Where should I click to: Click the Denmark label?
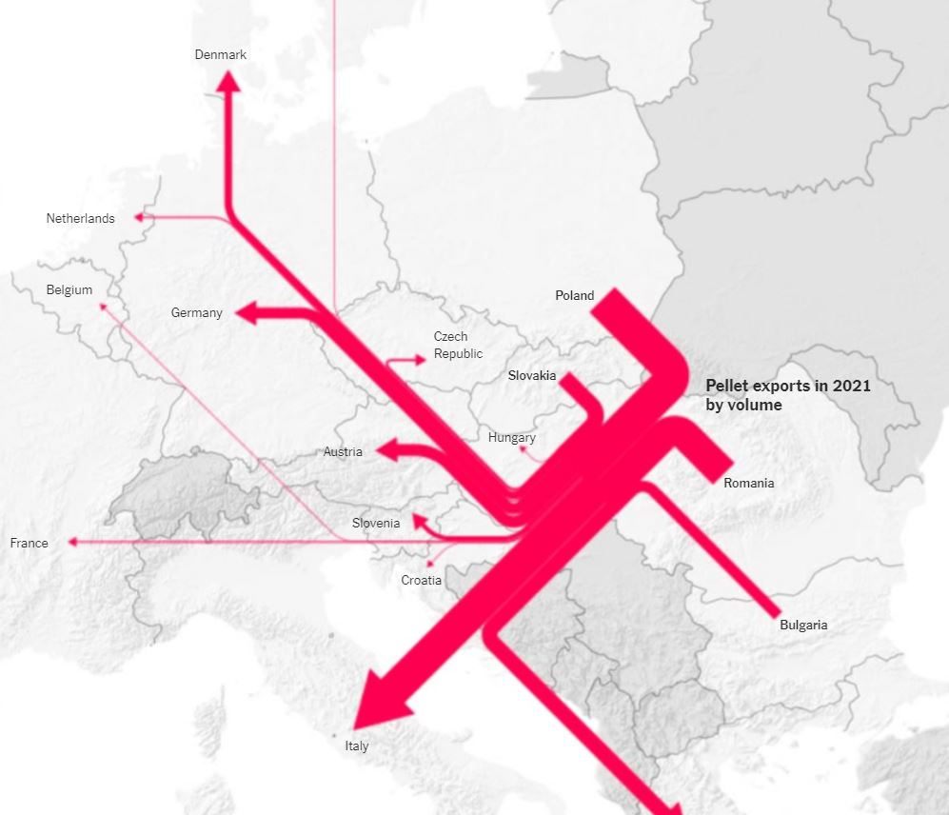pos(221,54)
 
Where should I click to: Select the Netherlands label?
pos(80,218)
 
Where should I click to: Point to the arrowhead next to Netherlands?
pos(139,217)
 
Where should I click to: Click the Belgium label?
pos(69,289)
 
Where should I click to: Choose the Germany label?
pos(197,312)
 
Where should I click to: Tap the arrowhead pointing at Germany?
pos(247,312)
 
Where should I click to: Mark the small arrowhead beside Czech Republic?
pos(422,359)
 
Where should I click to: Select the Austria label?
pos(343,451)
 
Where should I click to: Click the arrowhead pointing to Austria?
pos(386,449)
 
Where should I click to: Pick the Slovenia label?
pos(376,523)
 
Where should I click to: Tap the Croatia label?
pos(421,580)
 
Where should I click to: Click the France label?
pos(29,543)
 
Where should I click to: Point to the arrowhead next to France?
pos(71,543)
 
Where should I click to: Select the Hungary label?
pos(512,438)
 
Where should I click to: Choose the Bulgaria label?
pos(803,625)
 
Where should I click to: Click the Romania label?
pos(749,483)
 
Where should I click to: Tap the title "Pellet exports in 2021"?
pos(788,386)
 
